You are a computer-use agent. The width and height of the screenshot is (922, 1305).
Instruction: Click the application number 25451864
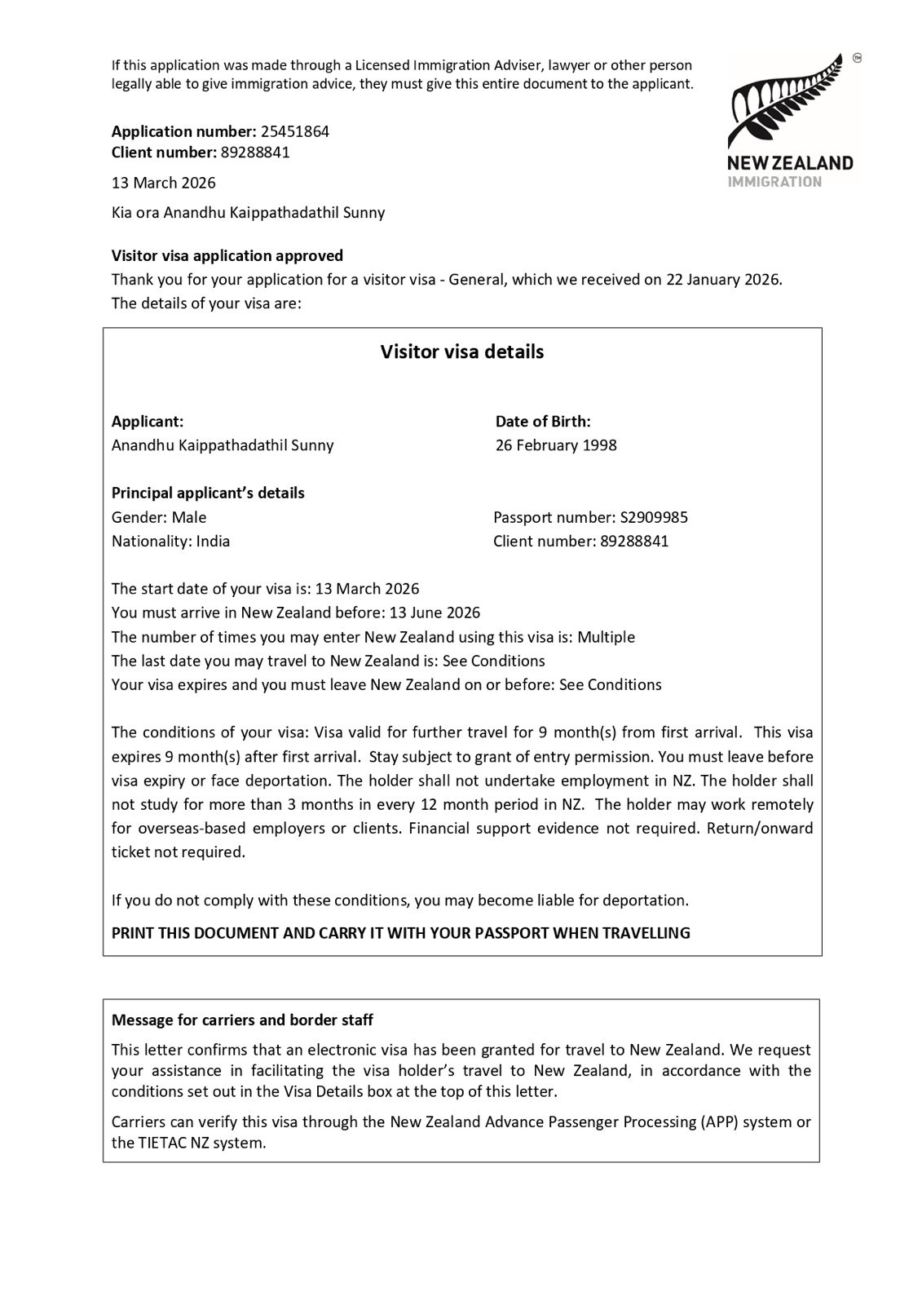click(294, 131)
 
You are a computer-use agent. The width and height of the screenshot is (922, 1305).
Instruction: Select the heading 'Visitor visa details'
click(462, 352)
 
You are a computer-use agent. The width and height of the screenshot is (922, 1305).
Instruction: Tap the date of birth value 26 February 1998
click(556, 445)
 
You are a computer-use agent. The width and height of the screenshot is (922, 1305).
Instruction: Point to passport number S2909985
click(654, 517)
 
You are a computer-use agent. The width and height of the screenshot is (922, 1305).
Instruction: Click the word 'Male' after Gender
click(189, 517)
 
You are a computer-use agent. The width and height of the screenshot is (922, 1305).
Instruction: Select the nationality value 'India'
click(213, 541)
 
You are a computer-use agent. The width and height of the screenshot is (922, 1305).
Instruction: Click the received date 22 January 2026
click(722, 279)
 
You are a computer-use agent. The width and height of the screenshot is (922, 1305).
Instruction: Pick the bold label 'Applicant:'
click(148, 422)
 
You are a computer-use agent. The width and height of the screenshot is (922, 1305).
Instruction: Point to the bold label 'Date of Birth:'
click(543, 422)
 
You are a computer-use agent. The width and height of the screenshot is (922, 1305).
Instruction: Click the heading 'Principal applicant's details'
click(208, 493)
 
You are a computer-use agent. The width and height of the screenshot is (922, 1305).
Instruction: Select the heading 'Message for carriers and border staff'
click(242, 1020)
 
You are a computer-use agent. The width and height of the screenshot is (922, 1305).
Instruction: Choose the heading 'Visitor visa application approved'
click(227, 255)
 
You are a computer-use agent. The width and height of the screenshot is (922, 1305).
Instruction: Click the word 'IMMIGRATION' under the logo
click(774, 182)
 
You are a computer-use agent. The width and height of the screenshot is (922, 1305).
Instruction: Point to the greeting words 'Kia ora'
click(135, 213)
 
